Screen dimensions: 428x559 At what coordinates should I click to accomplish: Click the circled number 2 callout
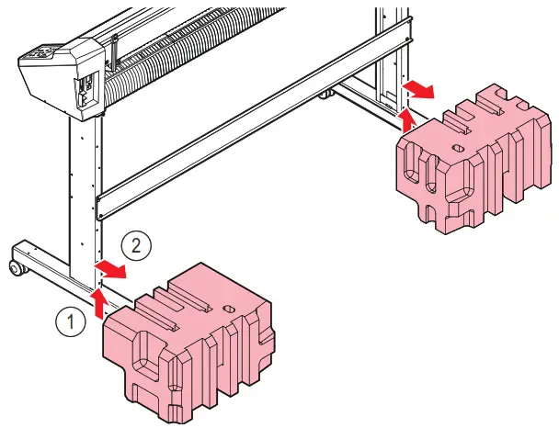coord(134,245)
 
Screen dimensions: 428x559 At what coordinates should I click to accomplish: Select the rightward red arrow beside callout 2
coord(112,267)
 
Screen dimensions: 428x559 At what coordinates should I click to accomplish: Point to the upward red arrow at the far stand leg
coord(410,118)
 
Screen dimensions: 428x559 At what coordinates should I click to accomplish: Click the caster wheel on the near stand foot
coord(16,268)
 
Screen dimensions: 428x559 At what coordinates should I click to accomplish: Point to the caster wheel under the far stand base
coord(326,94)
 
